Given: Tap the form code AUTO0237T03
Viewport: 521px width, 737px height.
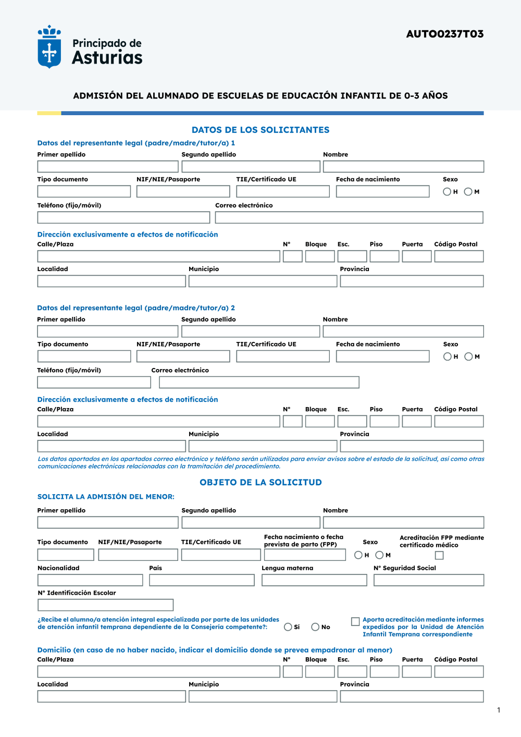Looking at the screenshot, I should click(x=444, y=34).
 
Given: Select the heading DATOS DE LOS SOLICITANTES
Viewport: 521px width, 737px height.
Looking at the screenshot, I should click(x=260, y=130).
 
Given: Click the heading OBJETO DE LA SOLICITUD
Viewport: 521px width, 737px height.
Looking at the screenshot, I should click(x=260, y=482).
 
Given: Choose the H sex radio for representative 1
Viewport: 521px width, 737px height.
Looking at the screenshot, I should click(x=447, y=192).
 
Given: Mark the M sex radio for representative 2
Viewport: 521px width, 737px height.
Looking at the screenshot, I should click(x=468, y=357).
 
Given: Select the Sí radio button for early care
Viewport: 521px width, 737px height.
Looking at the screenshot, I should click(x=288, y=627).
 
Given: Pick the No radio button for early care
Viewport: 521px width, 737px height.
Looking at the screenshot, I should click(x=315, y=627).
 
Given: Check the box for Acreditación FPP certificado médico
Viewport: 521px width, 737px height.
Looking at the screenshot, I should click(x=439, y=556).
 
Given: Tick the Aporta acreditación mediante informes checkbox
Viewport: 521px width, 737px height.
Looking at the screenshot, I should click(x=355, y=621).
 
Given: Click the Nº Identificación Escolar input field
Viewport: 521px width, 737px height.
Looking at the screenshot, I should click(x=105, y=605).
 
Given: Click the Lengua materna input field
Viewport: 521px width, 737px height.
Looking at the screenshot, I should click(x=314, y=580).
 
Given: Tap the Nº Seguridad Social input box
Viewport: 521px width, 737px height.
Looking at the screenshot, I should click(x=429, y=580).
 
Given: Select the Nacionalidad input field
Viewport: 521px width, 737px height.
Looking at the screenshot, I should click(x=90, y=580).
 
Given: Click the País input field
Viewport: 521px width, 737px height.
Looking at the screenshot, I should click(x=202, y=580).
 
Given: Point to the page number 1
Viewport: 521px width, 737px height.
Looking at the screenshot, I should click(x=499, y=710).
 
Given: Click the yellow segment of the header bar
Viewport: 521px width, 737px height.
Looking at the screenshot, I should click(x=49, y=113).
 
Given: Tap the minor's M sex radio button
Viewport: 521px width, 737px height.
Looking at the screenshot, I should click(x=379, y=555).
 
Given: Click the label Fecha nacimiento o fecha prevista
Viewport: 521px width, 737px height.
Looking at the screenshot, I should click(x=303, y=541).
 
